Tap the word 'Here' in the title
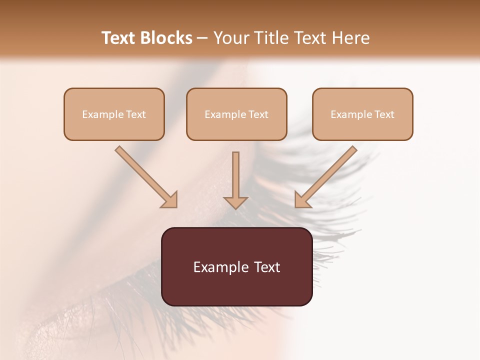(350, 38)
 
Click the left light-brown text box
(114, 114)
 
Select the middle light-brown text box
(236, 114)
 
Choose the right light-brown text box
(362, 114)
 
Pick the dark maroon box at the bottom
(236, 266)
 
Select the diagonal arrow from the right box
(326, 176)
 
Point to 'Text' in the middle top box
(258, 114)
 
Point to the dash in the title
(202, 38)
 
